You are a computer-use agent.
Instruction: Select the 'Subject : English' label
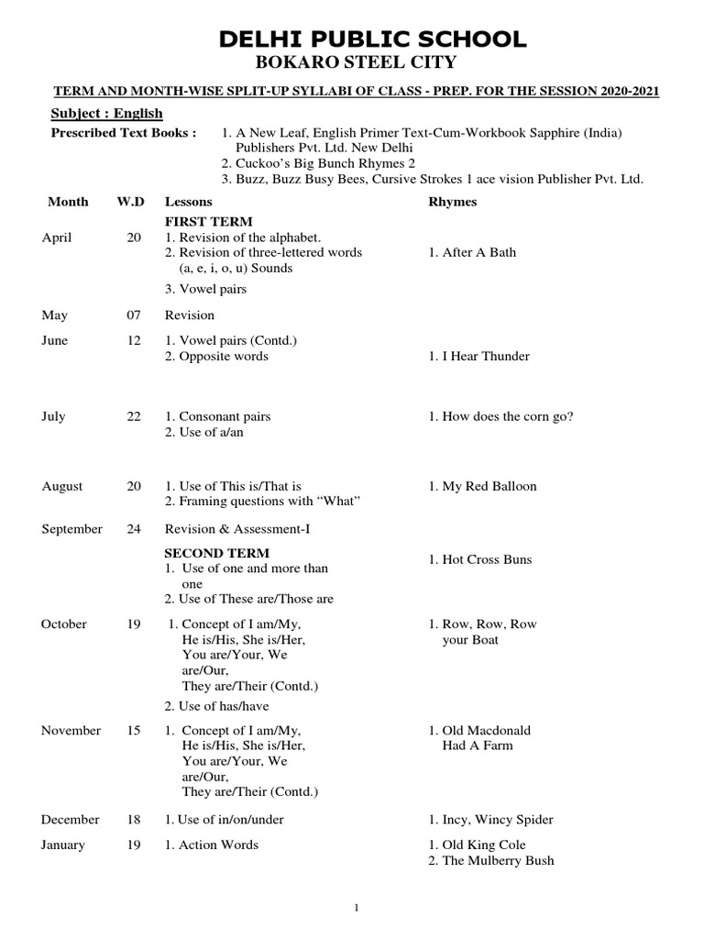click(x=105, y=113)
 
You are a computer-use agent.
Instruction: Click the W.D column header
click(x=131, y=202)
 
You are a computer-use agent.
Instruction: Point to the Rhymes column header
click(x=452, y=202)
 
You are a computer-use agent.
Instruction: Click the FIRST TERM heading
click(x=208, y=222)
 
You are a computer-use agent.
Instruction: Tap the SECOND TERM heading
click(x=216, y=553)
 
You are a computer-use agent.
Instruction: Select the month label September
click(x=72, y=529)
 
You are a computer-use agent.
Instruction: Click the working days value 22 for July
click(x=134, y=416)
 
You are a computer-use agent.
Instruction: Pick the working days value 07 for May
click(x=134, y=315)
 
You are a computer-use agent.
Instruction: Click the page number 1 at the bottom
click(x=357, y=907)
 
